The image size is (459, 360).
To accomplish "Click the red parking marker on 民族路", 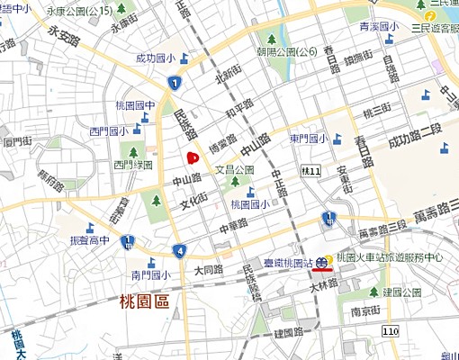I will click(191, 158).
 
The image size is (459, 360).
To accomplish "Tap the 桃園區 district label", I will click(144, 302).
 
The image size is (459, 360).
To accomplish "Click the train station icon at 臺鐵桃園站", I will click(321, 263).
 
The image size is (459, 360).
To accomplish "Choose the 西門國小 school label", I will click(108, 131).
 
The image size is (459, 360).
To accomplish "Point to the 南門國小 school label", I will click(149, 274).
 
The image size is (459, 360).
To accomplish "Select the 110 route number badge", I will click(389, 332).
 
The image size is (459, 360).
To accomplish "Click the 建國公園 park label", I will click(401, 292).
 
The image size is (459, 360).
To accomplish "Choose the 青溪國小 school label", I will click(378, 27).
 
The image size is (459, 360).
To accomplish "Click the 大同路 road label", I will click(208, 269).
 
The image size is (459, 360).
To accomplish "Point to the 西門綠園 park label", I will click(132, 165).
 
